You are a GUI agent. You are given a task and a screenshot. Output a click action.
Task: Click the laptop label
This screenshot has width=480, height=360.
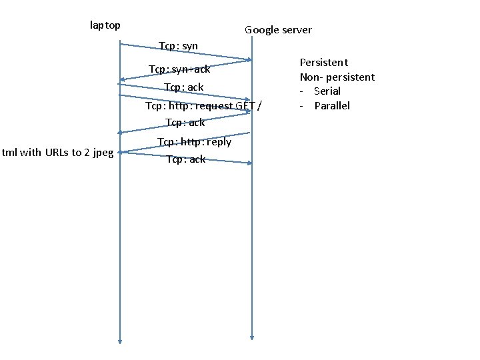(105, 25)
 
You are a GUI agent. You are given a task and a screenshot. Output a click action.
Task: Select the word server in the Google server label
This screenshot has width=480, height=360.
(297, 30)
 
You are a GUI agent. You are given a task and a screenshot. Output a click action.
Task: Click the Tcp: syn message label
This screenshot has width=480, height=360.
(178, 46)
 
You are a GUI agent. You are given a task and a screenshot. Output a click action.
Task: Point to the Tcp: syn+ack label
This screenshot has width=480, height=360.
(179, 69)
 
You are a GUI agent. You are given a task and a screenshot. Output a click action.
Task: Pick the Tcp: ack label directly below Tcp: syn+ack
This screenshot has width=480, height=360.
(183, 87)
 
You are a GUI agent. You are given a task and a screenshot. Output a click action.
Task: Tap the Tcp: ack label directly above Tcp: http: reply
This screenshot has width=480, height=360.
(185, 123)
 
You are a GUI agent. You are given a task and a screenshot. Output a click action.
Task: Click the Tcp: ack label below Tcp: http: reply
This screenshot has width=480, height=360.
(186, 159)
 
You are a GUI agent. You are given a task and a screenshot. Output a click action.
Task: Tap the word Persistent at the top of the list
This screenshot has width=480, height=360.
(323, 63)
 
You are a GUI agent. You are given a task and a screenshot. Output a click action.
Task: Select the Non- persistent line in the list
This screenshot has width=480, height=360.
(337, 77)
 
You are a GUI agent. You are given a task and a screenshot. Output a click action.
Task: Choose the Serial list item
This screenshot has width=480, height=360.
(327, 91)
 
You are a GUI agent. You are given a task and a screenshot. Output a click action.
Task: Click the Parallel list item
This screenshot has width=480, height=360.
(332, 106)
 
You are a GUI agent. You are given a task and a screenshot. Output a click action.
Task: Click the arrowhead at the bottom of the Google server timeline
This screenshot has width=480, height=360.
(252, 337)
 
